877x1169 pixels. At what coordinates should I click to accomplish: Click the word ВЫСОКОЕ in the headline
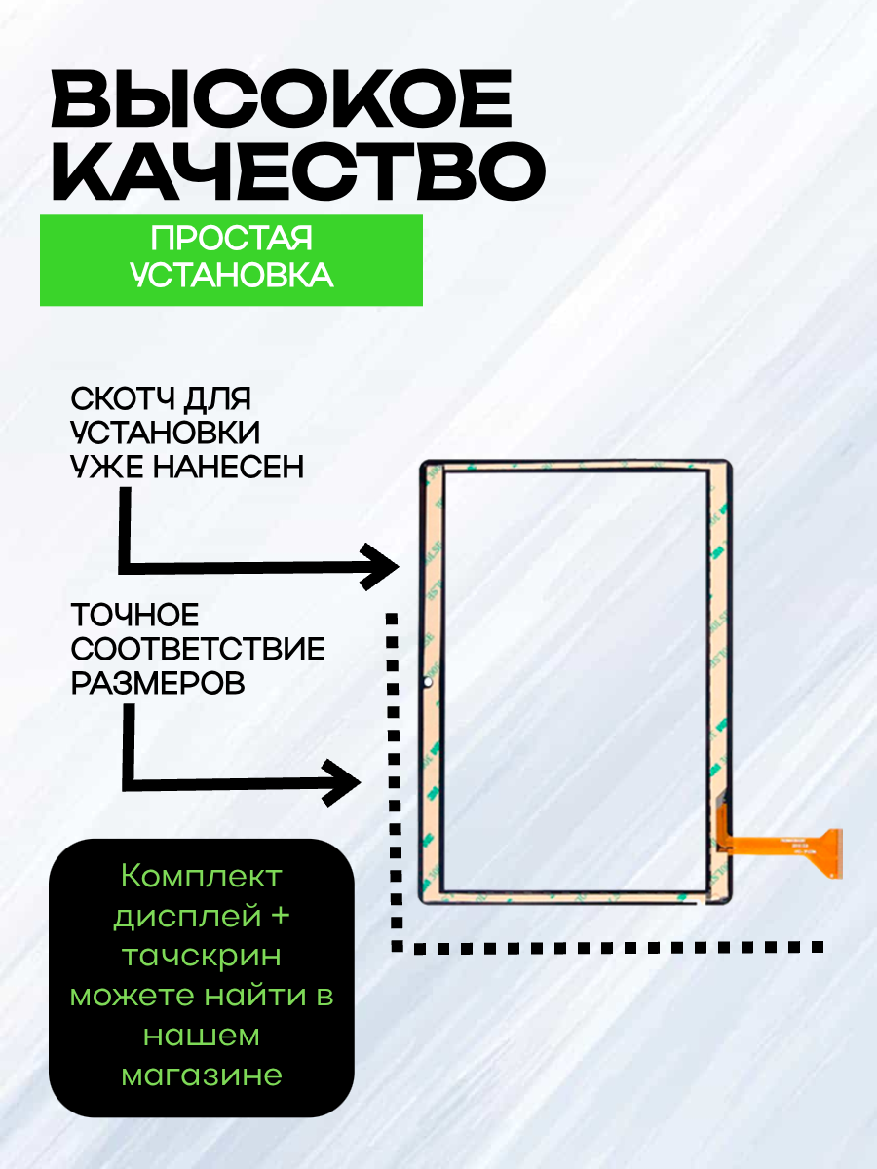(x=283, y=102)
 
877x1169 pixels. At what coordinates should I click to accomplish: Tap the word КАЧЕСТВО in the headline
(x=297, y=170)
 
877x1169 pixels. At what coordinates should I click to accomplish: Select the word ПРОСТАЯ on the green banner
(x=231, y=241)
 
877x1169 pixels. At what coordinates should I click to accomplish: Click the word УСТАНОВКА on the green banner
(x=231, y=276)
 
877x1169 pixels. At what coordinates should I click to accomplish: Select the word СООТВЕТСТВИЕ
(x=198, y=649)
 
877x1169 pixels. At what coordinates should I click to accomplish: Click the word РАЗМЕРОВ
(x=157, y=683)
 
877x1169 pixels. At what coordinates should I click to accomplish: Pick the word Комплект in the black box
(x=202, y=876)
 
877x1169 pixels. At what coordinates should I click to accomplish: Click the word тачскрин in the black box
(x=202, y=956)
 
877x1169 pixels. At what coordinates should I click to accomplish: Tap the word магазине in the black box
(x=202, y=1075)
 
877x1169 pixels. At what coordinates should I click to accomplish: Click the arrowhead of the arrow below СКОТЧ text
(x=382, y=566)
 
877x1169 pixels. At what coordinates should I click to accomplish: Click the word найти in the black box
(x=254, y=996)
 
